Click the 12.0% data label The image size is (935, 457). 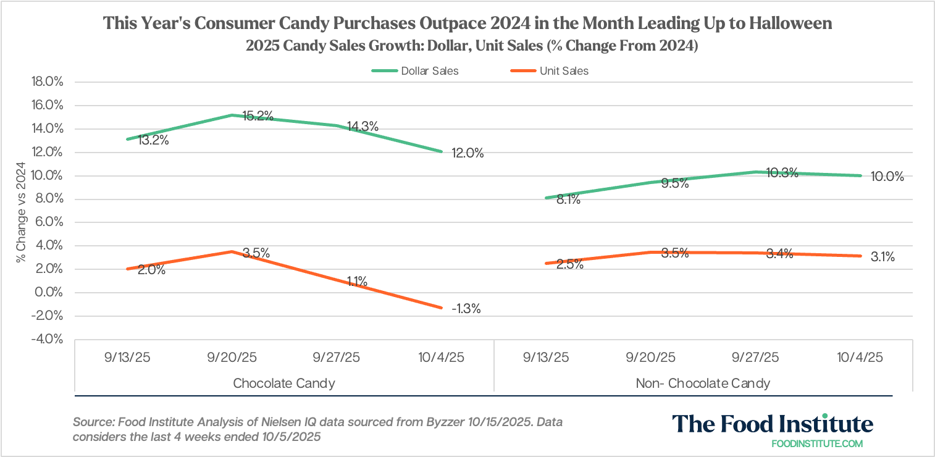click(468, 153)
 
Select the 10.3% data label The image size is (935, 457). click(782, 174)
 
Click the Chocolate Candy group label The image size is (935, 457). click(284, 383)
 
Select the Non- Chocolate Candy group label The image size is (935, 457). click(703, 383)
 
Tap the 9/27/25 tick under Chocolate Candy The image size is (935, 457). click(337, 358)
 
